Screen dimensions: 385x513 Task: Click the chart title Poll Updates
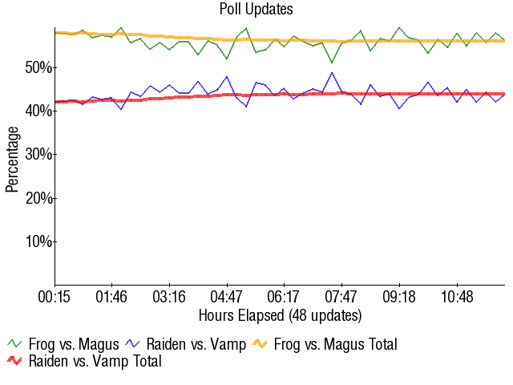tap(256, 10)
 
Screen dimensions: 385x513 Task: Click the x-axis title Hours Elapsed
tap(280, 314)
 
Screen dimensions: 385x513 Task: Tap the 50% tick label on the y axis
tap(38, 67)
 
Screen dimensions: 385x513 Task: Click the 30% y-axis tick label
tap(38, 154)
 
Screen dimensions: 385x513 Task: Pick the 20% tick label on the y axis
tap(38, 197)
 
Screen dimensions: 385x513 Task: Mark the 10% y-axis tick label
tap(38, 241)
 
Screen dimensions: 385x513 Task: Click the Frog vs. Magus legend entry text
tap(74, 344)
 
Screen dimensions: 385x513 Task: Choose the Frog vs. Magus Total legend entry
tap(335, 344)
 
